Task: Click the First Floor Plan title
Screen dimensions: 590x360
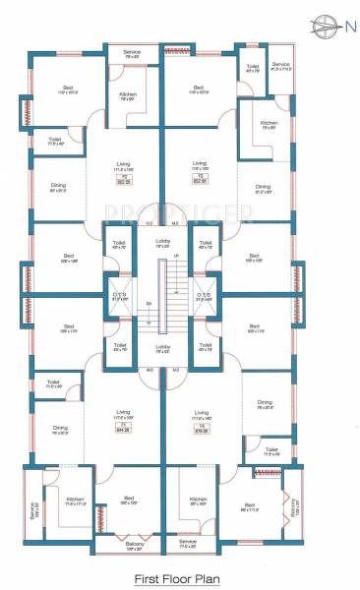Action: (180, 580)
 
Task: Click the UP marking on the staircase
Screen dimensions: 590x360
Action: (176, 256)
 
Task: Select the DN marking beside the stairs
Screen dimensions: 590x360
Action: (150, 303)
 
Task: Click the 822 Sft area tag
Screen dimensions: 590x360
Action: (125, 180)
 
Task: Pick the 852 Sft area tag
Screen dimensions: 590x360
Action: (200, 180)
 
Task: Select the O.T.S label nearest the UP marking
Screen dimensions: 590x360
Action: (204, 295)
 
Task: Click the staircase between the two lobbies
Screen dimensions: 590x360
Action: (164, 295)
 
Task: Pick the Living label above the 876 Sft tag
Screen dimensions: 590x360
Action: (201, 414)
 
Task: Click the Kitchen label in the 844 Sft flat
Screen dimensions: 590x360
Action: (75, 501)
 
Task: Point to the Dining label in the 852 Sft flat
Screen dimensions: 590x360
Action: (263, 187)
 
